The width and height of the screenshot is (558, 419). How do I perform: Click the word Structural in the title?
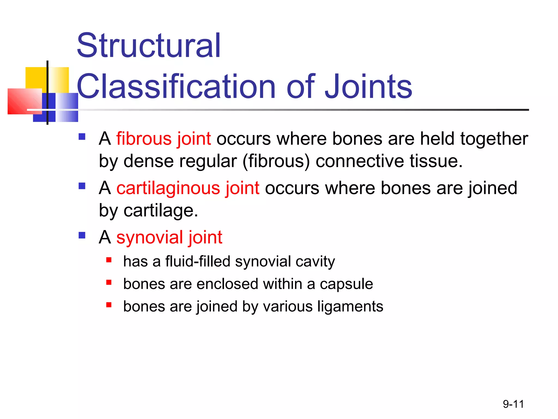click(x=148, y=46)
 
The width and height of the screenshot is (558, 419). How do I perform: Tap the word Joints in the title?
click(x=368, y=87)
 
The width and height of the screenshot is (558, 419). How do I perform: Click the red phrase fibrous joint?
click(x=163, y=139)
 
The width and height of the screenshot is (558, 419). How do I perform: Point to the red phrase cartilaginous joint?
click(x=188, y=188)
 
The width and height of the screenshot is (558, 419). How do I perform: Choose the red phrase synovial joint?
click(x=169, y=237)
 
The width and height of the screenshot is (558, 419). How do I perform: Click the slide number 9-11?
click(x=513, y=404)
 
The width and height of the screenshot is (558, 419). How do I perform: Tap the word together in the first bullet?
click(x=494, y=139)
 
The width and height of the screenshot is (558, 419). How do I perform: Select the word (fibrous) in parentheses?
click(x=276, y=161)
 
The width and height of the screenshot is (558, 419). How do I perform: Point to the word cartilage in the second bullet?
click(x=160, y=210)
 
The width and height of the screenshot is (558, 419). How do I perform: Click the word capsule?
click(x=346, y=284)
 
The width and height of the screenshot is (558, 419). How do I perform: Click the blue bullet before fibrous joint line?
click(x=82, y=136)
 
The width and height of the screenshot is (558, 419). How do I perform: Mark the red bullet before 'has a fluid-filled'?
click(x=109, y=260)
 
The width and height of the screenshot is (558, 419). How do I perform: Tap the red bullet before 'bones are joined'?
click(x=109, y=305)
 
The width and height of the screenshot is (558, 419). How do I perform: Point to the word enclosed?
click(x=227, y=284)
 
